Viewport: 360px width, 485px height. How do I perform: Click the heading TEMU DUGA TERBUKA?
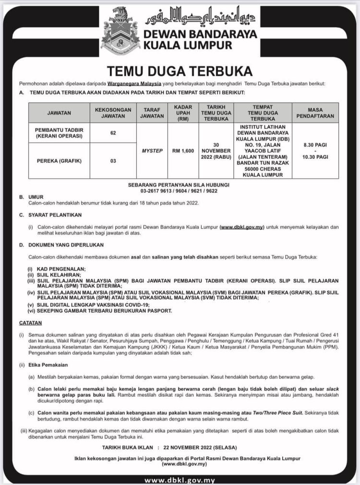point(180,71)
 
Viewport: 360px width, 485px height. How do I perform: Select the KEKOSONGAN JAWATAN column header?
point(113,113)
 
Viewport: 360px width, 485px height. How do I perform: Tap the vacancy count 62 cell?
point(113,133)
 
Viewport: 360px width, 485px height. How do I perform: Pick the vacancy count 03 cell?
point(113,161)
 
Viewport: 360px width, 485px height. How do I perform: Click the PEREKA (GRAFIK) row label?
point(59,161)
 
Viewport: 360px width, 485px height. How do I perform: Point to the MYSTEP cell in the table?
point(152,150)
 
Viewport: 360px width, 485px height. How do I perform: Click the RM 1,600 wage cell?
point(183,150)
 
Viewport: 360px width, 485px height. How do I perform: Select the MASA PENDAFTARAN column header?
point(315,113)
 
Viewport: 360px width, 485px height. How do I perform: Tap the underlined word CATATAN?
point(31,323)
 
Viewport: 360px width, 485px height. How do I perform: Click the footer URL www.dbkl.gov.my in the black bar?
point(180,480)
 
